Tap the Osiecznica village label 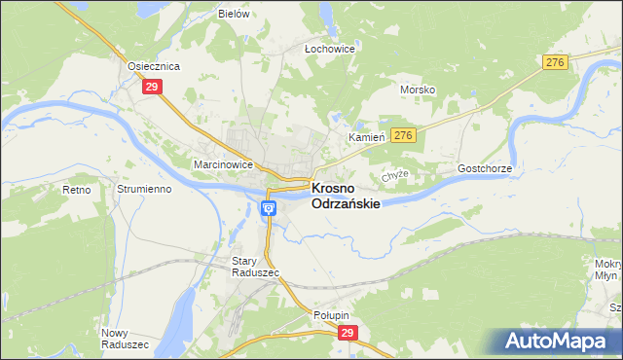point(155,66)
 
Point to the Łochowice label point(329,48)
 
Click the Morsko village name point(417,90)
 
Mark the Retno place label point(74,189)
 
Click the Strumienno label point(143,189)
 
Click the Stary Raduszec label point(255,267)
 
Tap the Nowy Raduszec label point(125,339)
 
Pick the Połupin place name point(331,315)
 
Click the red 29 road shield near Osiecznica point(152,87)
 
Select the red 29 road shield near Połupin point(348,333)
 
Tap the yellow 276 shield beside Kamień point(404,135)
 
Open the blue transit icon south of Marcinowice point(269,207)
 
